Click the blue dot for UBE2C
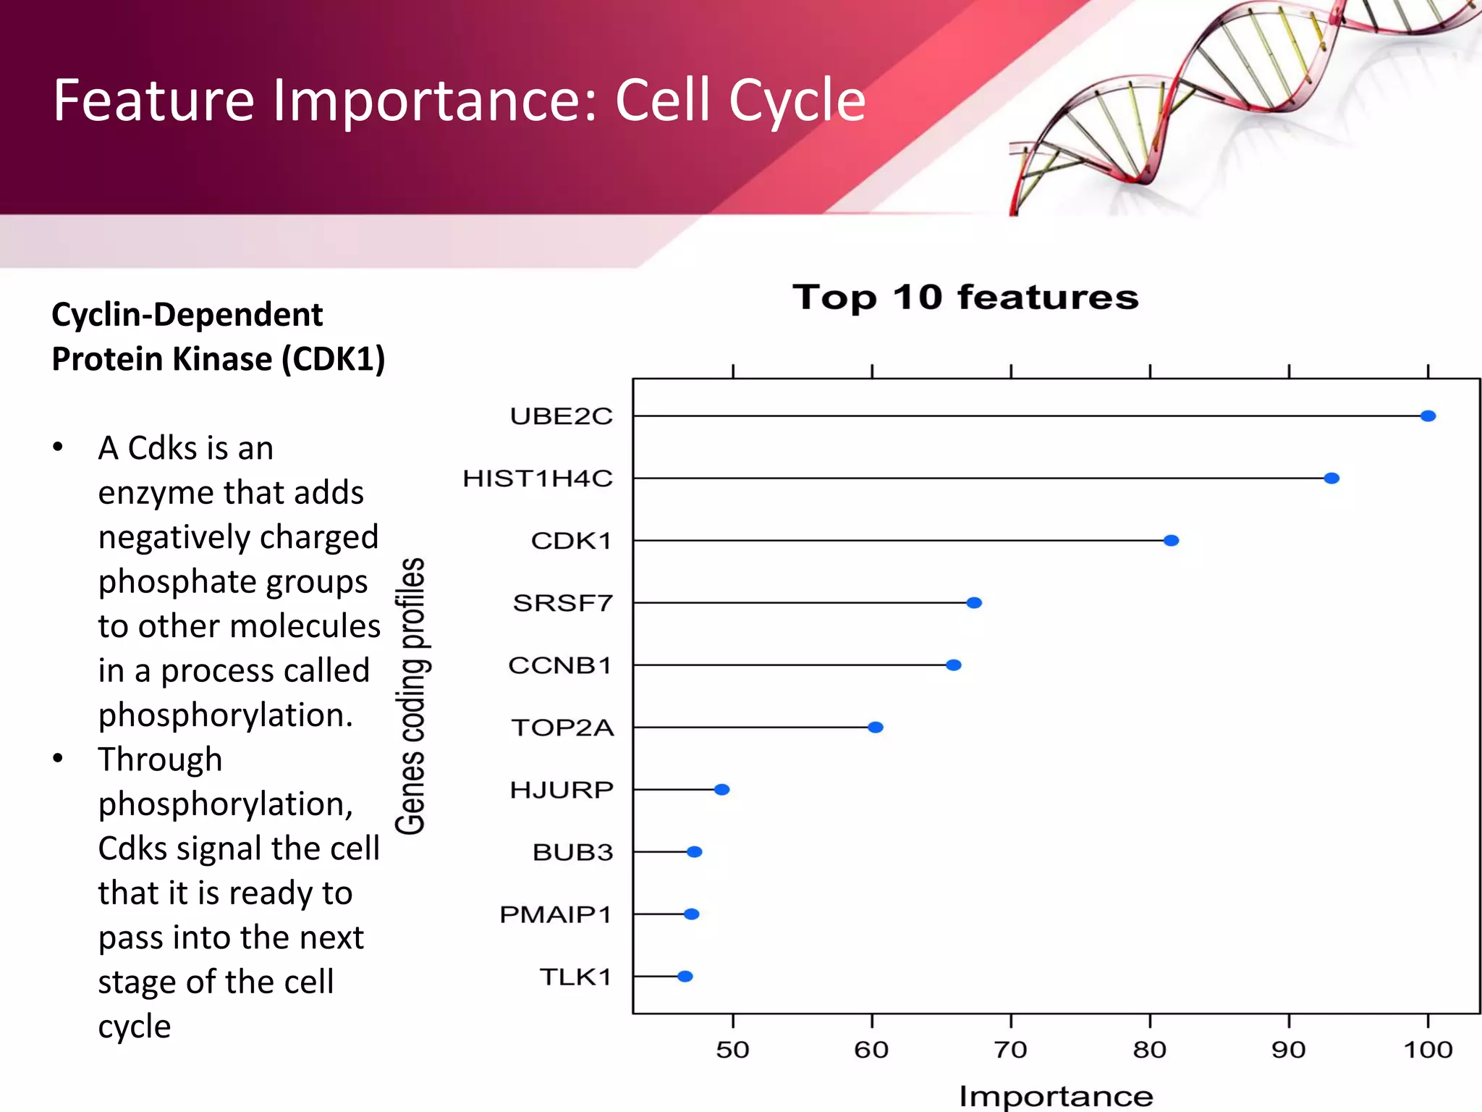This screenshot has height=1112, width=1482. click(x=1428, y=416)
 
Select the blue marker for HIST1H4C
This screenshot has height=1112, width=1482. click(x=1331, y=479)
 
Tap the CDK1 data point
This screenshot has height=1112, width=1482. click(x=1171, y=541)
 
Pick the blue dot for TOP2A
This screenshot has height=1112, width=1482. click(x=876, y=728)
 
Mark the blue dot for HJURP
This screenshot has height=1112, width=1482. click(x=721, y=790)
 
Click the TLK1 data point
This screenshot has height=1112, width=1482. click(x=685, y=977)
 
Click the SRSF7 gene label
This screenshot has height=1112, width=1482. click(x=562, y=603)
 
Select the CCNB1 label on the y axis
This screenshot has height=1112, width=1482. click(x=560, y=665)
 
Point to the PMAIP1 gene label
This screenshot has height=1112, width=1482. click(x=556, y=914)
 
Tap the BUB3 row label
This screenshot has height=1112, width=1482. click(x=572, y=852)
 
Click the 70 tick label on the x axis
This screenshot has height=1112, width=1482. click(x=1011, y=1050)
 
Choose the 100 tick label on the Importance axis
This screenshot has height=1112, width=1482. click(x=1428, y=1050)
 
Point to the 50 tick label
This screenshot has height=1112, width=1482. click(x=732, y=1050)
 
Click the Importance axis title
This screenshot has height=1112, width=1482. click(x=1056, y=1096)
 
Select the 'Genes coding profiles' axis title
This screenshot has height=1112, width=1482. click(x=410, y=696)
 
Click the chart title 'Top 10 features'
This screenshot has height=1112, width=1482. click(x=965, y=298)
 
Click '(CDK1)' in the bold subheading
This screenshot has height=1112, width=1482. click(x=334, y=359)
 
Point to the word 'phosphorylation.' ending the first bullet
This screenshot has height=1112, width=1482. click(x=226, y=715)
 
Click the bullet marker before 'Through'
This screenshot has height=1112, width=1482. click(x=58, y=759)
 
